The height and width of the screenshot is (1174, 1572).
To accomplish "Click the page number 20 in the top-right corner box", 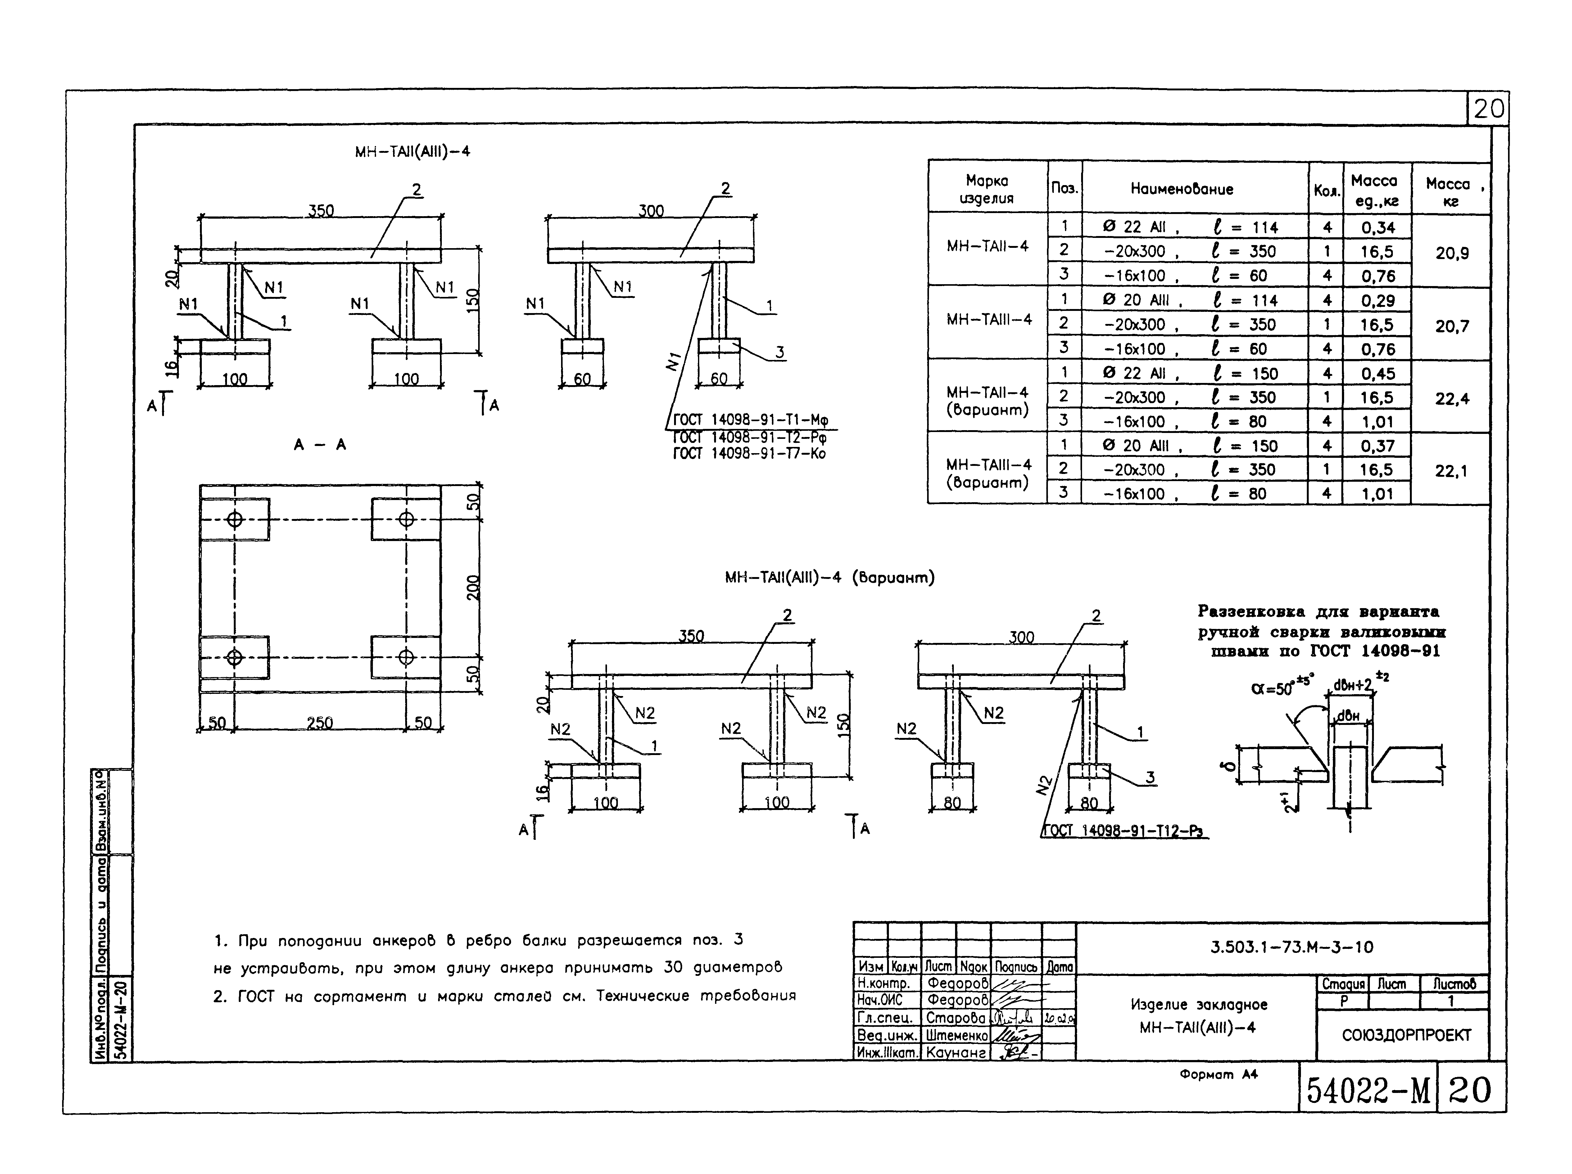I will (1488, 109).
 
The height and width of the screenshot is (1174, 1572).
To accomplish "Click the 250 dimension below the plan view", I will (320, 723).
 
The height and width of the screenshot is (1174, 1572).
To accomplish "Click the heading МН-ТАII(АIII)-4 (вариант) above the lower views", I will (829, 578).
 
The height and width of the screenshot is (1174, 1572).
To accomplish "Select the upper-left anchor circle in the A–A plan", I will (234, 520).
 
